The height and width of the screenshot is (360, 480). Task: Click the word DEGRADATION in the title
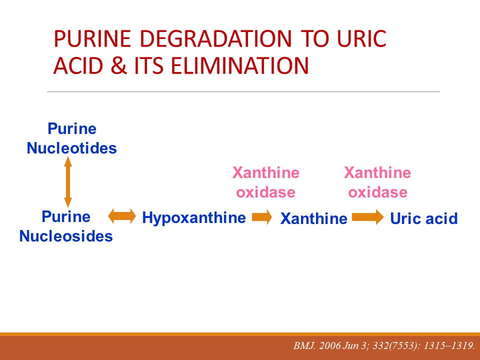coord(215,38)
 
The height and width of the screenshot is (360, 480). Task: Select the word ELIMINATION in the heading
coord(239,66)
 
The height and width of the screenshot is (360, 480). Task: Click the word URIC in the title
coord(361,38)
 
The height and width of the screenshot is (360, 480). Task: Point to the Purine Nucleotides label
coord(72,138)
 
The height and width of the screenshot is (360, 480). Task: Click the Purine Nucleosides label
coord(66,226)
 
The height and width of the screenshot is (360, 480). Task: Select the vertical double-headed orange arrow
coord(68,182)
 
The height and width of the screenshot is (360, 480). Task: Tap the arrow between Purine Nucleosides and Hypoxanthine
coord(122,216)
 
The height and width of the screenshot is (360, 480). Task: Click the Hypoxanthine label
coord(194,218)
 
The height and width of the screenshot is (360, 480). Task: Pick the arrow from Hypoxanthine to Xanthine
coord(262,217)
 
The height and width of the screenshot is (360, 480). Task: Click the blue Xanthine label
coord(314,218)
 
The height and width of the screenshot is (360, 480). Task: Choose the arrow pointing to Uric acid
coord(368,217)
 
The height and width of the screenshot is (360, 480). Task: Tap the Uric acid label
coord(424,218)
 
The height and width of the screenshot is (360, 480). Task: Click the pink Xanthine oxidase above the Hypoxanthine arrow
coord(265,182)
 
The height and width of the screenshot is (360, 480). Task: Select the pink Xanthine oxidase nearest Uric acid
coord(377,182)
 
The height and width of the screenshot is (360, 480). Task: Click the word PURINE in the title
coord(92,38)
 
